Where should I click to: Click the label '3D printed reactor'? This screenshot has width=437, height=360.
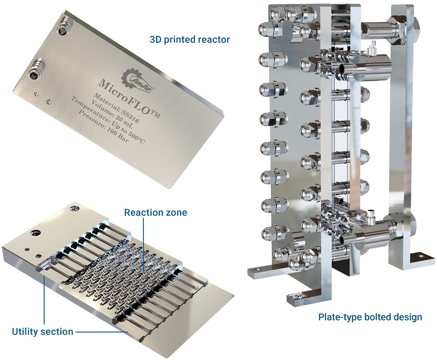(x=190, y=39)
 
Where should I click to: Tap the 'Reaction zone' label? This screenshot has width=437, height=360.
(x=155, y=213)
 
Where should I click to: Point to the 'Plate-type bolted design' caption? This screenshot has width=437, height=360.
(x=370, y=317)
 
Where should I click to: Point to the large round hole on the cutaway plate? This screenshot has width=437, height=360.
(x=33, y=231)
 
